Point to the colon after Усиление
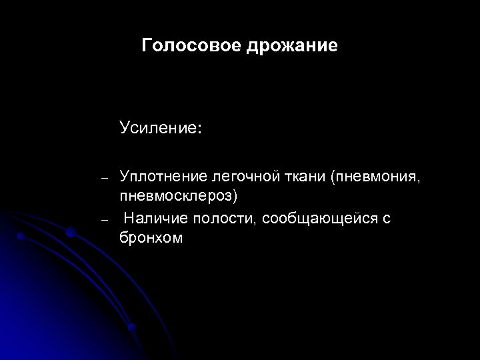click(198, 128)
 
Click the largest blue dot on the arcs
click(70, 231)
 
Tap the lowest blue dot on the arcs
click(132, 327)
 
